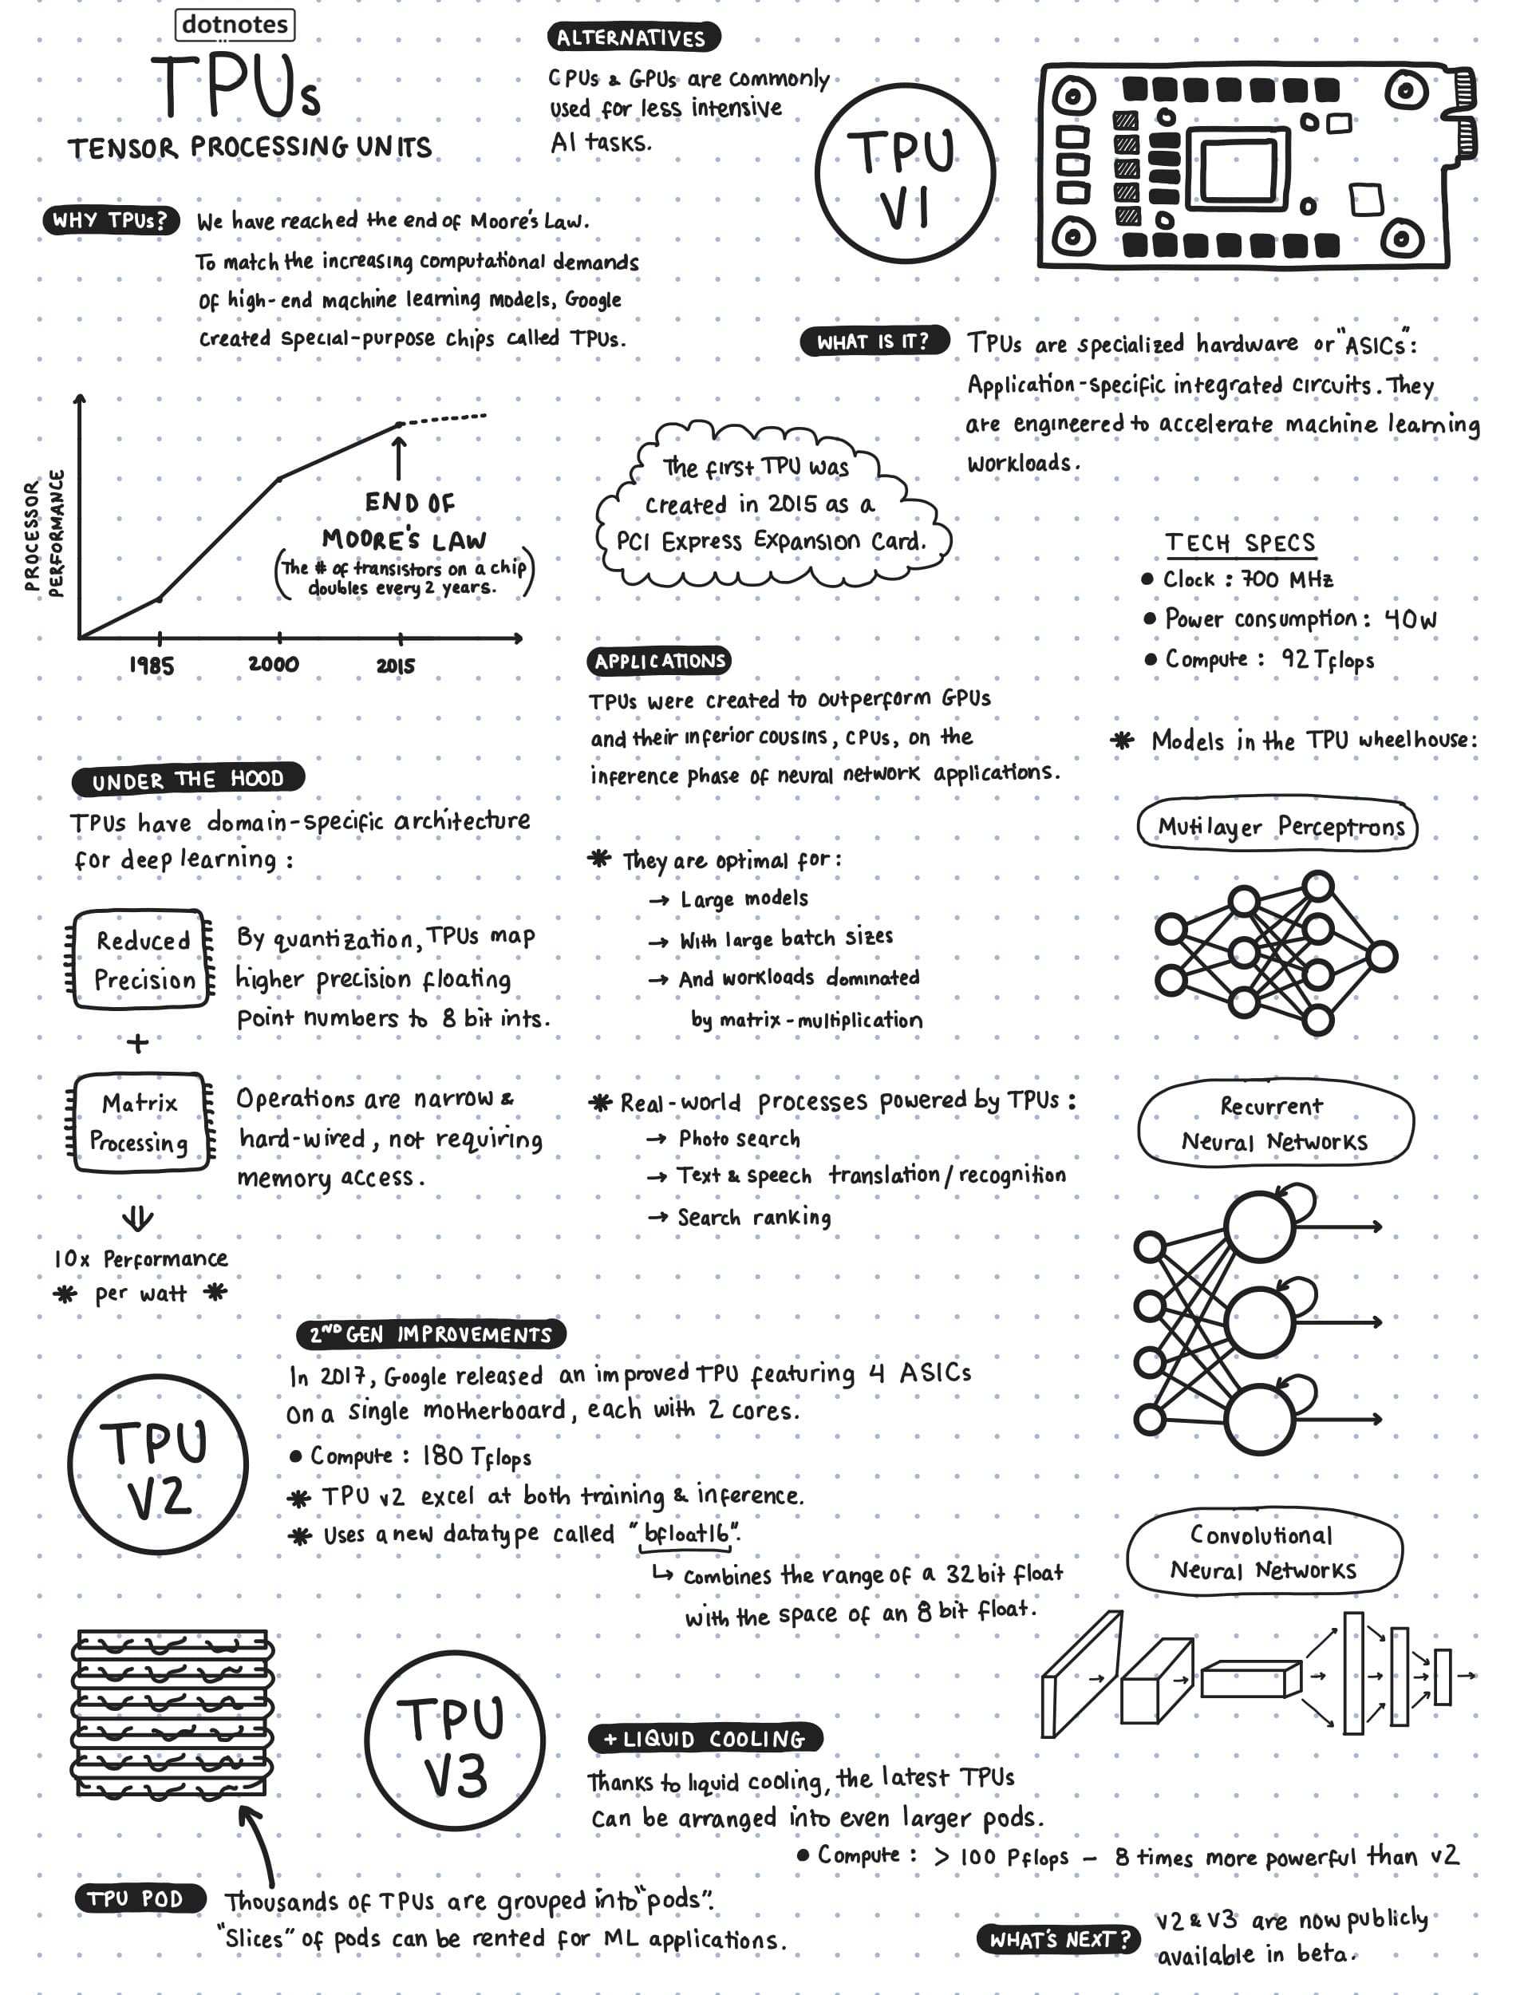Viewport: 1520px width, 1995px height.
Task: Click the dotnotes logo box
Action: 235,25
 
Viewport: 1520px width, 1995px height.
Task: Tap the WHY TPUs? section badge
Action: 110,220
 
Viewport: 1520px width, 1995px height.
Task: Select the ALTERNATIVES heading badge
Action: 633,37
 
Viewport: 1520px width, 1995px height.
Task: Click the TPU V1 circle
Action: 904,174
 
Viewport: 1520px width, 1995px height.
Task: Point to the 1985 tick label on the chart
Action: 151,666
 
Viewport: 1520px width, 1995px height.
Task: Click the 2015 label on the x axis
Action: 396,666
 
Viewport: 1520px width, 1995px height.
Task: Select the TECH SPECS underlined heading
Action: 1239,543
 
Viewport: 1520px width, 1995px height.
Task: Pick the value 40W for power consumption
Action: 1411,620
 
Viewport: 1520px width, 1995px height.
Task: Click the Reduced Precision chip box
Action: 142,959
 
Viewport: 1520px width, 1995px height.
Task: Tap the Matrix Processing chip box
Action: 140,1123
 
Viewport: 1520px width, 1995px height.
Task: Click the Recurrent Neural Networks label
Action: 1274,1123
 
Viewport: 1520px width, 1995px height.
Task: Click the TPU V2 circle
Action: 158,1464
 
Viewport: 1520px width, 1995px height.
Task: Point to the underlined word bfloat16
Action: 688,1534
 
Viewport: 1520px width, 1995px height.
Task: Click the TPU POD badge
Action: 136,1898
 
